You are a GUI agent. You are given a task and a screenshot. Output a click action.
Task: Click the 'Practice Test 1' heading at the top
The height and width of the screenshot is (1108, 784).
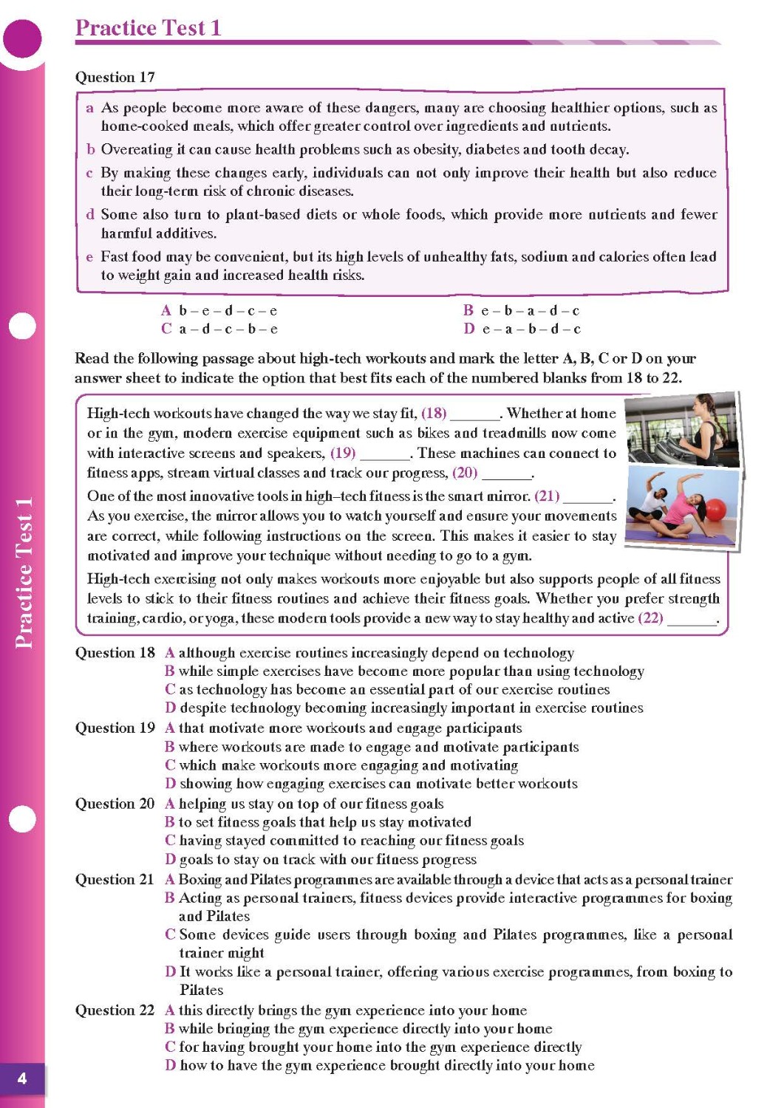[x=148, y=28]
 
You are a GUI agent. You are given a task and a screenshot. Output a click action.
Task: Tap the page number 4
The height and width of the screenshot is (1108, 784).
[x=22, y=1078]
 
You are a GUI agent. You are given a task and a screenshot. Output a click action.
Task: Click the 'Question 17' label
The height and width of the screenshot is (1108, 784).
[x=115, y=77]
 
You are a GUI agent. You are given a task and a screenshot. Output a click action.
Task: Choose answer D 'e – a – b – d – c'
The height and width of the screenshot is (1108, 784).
[x=522, y=329]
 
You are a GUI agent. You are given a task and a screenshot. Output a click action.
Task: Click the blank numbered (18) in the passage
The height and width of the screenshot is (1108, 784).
[x=474, y=414]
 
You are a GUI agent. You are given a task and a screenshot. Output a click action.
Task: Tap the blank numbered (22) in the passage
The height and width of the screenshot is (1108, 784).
[x=692, y=619]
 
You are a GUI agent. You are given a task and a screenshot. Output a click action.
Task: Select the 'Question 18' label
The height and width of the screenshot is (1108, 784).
[x=115, y=653]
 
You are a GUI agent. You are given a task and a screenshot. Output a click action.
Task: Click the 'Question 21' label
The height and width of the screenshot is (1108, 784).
[x=115, y=880]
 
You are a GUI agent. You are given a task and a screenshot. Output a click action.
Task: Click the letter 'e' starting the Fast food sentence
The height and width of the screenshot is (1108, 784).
[x=89, y=257]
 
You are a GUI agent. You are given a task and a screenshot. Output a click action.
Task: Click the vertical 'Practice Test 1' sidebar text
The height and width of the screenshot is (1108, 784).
[x=24, y=572]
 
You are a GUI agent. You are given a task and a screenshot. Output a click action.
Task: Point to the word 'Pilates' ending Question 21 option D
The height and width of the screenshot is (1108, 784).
[x=201, y=991]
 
